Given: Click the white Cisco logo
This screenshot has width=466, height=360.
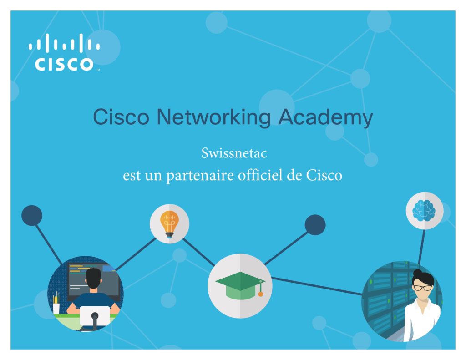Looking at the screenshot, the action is [x=64, y=52].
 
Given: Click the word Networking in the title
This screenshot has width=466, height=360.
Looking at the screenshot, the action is [x=213, y=117].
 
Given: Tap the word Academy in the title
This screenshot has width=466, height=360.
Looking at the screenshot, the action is [x=325, y=117].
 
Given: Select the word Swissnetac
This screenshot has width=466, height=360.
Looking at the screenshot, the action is [x=234, y=153].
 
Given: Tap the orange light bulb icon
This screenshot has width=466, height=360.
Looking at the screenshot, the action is [x=169, y=224].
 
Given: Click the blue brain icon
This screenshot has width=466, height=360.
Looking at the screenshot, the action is [x=424, y=210].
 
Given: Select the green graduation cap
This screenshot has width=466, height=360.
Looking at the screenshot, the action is [x=240, y=285].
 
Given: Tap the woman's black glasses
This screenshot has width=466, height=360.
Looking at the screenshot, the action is [x=423, y=288].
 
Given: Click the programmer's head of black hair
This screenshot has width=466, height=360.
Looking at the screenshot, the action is [x=93, y=278].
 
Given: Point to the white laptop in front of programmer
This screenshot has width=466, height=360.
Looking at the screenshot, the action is [x=95, y=315].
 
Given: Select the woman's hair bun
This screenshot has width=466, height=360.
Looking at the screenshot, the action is [x=417, y=273].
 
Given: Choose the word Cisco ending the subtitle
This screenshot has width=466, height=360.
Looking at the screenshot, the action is [x=324, y=175].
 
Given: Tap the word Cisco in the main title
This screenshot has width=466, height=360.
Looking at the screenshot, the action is [x=121, y=117].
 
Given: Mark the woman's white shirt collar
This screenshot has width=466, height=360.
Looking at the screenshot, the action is [x=422, y=305].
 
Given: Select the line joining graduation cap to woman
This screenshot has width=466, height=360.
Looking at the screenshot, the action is [x=317, y=286].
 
